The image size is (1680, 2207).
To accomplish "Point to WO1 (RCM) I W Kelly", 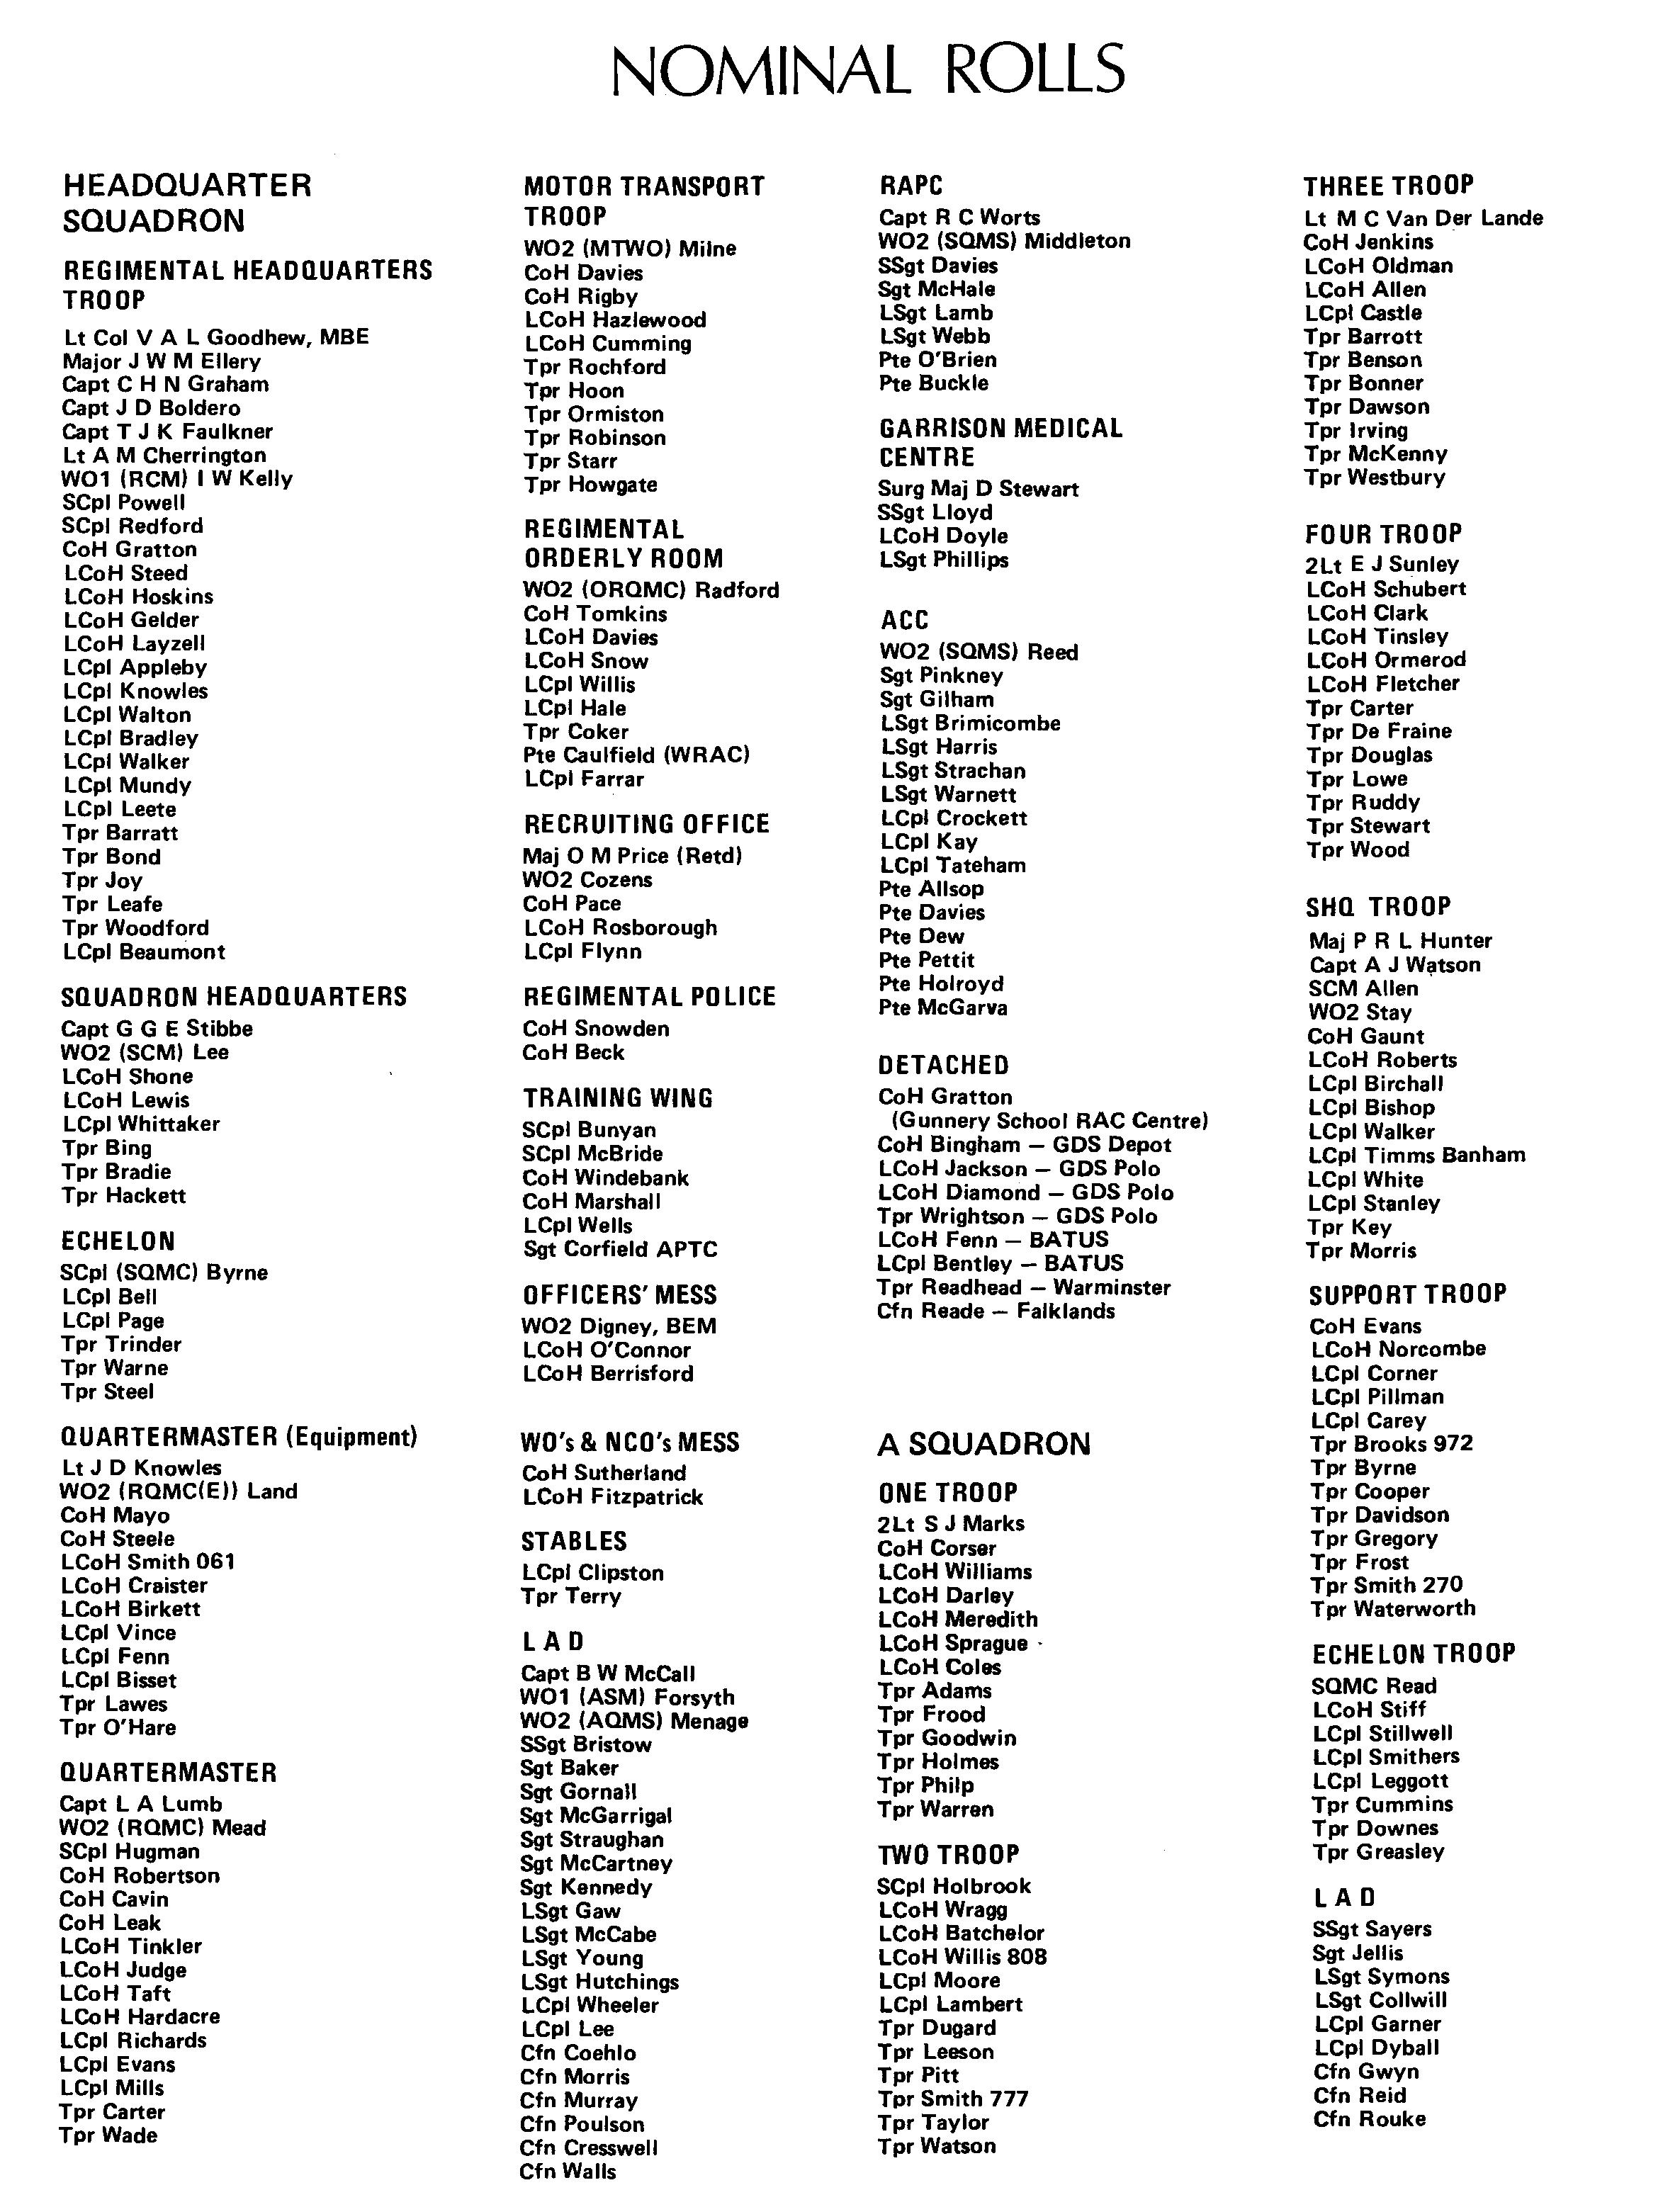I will (x=177, y=479).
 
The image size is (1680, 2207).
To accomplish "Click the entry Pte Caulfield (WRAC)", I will (x=636, y=755).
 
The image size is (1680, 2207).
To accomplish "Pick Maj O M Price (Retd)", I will (x=632, y=856).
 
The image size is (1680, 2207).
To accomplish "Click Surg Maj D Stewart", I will (x=978, y=489).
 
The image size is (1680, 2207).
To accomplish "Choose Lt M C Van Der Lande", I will (x=1423, y=218).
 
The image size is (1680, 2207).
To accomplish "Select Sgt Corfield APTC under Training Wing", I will (x=620, y=1249).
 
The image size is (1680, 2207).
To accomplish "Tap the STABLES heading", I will (x=574, y=1541).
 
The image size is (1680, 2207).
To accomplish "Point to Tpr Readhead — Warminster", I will (x=1024, y=1287).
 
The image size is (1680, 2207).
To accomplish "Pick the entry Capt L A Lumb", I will (x=141, y=1804).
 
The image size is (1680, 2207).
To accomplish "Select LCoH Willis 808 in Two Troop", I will (x=962, y=1957).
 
